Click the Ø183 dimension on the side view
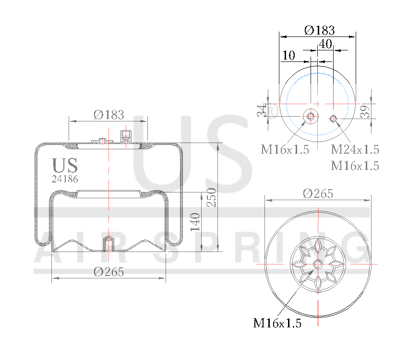(x=109, y=115)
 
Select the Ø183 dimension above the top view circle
(x=319, y=30)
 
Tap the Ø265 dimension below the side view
(x=109, y=272)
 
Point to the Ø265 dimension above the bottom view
(x=318, y=193)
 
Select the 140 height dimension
(x=194, y=222)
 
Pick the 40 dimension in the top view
(x=325, y=44)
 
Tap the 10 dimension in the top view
(x=288, y=56)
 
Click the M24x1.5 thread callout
(x=355, y=149)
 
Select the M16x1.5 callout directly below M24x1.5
(x=355, y=166)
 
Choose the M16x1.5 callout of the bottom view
(x=277, y=324)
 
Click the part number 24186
(x=65, y=179)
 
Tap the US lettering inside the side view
(x=65, y=166)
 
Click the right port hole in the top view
(x=334, y=119)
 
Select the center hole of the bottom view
(x=318, y=264)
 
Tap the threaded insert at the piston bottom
(x=109, y=243)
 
